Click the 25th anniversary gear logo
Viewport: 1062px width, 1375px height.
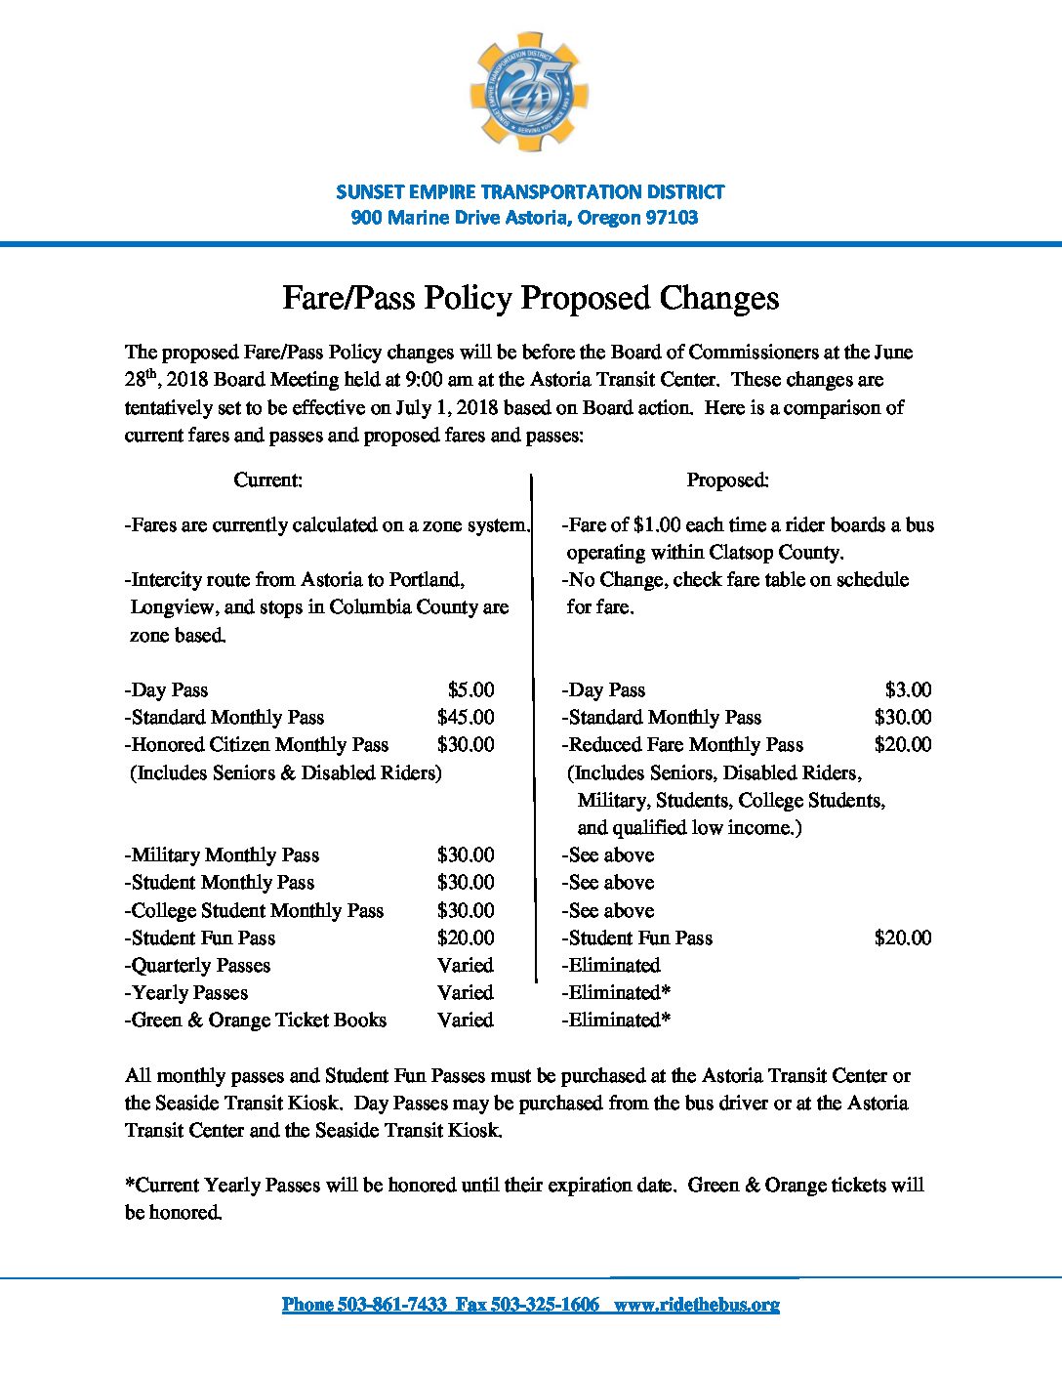[530, 92]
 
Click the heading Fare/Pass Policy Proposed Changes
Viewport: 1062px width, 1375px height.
[530, 298]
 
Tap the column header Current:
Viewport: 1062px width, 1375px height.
[267, 479]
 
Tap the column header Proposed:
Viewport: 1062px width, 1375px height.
[727, 479]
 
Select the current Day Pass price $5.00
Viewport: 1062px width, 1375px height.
[470, 689]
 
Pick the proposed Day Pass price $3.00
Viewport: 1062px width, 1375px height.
[908, 689]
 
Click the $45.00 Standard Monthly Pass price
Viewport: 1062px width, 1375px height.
[466, 717]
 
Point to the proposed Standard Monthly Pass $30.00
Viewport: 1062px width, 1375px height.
[903, 717]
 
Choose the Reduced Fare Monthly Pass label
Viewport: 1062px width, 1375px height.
[683, 745]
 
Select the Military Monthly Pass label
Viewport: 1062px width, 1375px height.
[223, 855]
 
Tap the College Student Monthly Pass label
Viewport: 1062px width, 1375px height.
[255, 910]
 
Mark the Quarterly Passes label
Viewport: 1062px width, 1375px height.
[198, 966]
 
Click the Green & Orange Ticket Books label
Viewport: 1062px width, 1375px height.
[256, 1021]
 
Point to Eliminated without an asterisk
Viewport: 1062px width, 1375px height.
[611, 966]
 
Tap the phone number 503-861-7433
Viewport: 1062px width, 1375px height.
[392, 1305]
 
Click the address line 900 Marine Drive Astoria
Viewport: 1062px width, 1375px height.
[524, 218]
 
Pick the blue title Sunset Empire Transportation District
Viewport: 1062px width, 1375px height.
[530, 191]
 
